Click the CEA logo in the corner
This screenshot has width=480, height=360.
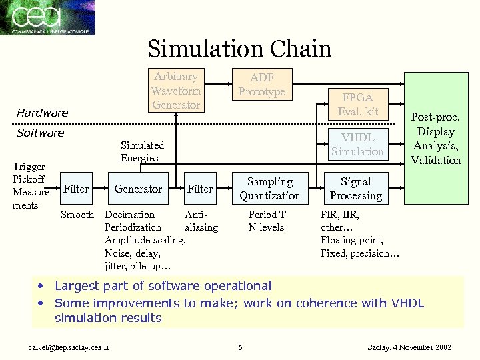(47, 17)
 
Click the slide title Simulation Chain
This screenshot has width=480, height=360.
(239, 49)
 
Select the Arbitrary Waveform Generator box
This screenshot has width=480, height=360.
(175, 90)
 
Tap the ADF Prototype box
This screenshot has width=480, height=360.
(261, 85)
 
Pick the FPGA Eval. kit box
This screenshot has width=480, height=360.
(357, 104)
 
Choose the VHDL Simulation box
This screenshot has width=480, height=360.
(357, 145)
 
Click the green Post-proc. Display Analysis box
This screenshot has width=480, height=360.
(435, 139)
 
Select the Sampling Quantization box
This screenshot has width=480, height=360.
(270, 189)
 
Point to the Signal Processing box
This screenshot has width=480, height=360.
(355, 189)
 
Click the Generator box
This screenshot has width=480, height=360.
(137, 189)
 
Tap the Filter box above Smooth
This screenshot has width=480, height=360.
(76, 189)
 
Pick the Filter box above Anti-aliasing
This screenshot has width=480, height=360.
(200, 189)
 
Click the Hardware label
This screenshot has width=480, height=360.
(43, 113)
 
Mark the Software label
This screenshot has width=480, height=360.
(41, 133)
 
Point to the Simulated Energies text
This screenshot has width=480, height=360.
(142, 151)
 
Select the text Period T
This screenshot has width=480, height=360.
(267, 215)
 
